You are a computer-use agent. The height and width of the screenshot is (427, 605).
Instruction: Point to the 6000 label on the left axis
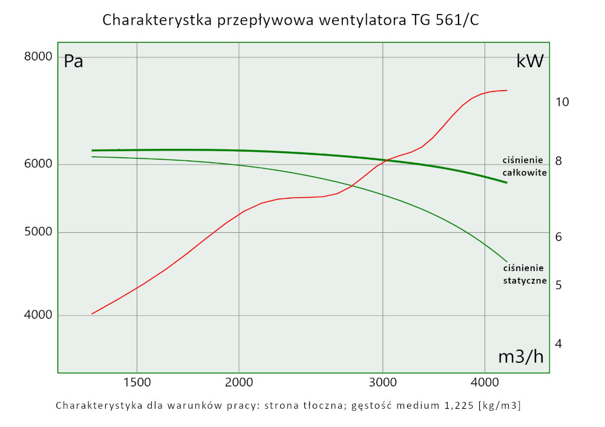point(39,165)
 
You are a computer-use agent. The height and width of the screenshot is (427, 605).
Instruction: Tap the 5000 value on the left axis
point(39,232)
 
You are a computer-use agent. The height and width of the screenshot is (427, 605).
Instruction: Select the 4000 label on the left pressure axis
point(39,315)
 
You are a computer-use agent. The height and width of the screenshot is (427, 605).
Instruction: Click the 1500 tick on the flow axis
point(137,382)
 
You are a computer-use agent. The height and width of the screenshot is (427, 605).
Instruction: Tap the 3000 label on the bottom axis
point(382,382)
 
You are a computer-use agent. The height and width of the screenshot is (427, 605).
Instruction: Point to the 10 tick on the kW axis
point(562,102)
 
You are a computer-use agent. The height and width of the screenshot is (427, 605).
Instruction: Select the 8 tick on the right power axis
point(559,161)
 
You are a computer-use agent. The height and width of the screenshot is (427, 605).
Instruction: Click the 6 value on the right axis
point(559,236)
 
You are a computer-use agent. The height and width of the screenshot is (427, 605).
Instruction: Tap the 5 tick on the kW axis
point(559,284)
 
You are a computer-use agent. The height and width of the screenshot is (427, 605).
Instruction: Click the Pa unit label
point(74,61)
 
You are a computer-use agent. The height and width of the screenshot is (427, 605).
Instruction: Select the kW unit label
point(530,61)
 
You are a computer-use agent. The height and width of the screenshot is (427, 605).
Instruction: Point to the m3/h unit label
point(520,357)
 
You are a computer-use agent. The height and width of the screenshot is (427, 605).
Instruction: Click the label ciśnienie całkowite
point(525,166)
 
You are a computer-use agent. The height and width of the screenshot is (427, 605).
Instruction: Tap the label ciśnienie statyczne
point(525,274)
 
